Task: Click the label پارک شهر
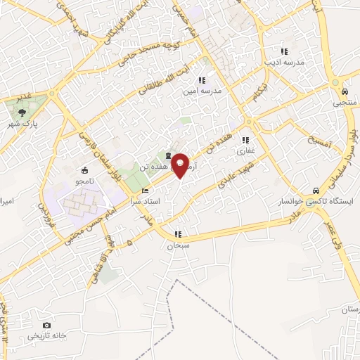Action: pyautogui.click(x=21, y=124)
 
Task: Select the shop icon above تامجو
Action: pyautogui.click(x=85, y=169)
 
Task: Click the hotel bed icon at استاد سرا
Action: pyautogui.click(x=146, y=191)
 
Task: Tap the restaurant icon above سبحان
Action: pyautogui.click(x=178, y=234)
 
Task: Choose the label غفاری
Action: pyautogui.click(x=245, y=150)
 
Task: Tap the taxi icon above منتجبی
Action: pyautogui.click(x=345, y=91)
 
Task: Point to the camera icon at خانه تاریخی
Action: pyautogui.click(x=46, y=325)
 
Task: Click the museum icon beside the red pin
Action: pyautogui.click(x=167, y=155)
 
